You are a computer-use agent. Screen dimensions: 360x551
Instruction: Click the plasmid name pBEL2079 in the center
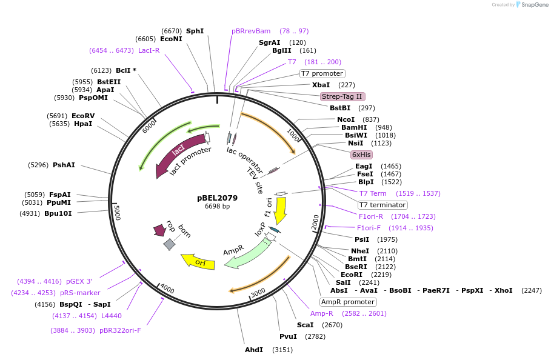[x=217, y=198]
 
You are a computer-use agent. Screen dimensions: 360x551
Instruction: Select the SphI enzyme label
[x=195, y=31]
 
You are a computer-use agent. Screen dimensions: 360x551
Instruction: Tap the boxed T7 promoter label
[x=322, y=73]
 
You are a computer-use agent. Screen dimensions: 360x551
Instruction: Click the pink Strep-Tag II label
[x=342, y=96]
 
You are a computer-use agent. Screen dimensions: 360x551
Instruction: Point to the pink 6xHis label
[x=361, y=155]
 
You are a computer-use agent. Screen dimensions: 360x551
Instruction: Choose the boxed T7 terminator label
[x=382, y=205]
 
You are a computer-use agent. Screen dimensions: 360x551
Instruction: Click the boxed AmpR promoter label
[x=348, y=302]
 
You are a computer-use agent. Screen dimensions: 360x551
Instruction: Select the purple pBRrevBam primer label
[x=251, y=31]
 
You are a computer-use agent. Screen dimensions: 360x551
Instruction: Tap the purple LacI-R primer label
[x=149, y=50]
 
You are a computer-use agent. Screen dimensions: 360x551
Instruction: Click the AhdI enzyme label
[x=254, y=350]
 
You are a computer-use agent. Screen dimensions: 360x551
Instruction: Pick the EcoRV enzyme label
[x=83, y=116]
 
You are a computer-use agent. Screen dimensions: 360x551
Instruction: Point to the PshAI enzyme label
[x=64, y=165]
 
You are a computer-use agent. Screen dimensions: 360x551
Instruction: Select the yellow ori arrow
[x=198, y=261]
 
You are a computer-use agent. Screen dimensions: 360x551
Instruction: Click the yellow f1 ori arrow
[x=280, y=210]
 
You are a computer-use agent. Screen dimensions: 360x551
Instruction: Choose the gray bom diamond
[x=169, y=244]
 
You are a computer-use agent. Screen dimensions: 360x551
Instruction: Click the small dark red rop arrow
[x=159, y=230]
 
